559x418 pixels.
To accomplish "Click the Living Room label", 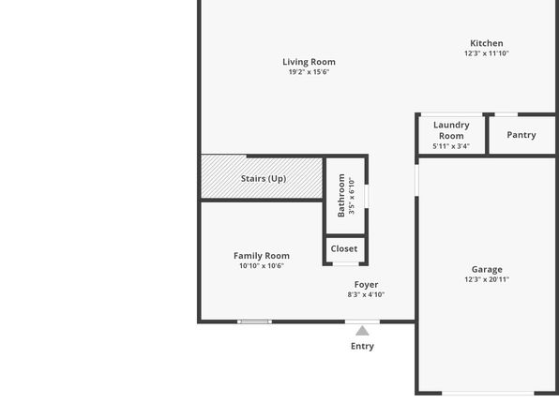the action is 309,62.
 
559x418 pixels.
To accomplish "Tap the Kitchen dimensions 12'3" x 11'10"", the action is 486,53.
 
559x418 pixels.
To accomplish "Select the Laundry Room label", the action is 451,130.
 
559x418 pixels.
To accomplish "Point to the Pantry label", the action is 521,135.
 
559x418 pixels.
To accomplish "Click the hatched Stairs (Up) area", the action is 262,176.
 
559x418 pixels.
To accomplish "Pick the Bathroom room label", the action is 341,195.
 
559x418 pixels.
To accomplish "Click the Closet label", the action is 344,248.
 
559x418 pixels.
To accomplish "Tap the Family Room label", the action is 262,256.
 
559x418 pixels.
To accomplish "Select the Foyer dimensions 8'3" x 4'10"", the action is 366,294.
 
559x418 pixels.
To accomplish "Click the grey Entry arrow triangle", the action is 362,331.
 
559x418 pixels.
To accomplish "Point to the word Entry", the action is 362,346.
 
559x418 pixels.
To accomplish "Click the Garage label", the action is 487,269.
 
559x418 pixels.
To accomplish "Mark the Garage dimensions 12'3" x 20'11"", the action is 487,279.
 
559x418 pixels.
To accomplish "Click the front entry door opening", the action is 362,321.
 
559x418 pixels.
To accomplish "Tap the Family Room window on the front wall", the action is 254,321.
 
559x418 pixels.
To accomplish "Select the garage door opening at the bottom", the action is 488,393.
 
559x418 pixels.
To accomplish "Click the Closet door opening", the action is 345,264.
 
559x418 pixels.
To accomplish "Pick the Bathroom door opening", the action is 367,196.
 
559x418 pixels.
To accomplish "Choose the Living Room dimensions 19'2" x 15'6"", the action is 309,72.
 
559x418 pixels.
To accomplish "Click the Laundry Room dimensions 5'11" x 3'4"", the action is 451,146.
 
